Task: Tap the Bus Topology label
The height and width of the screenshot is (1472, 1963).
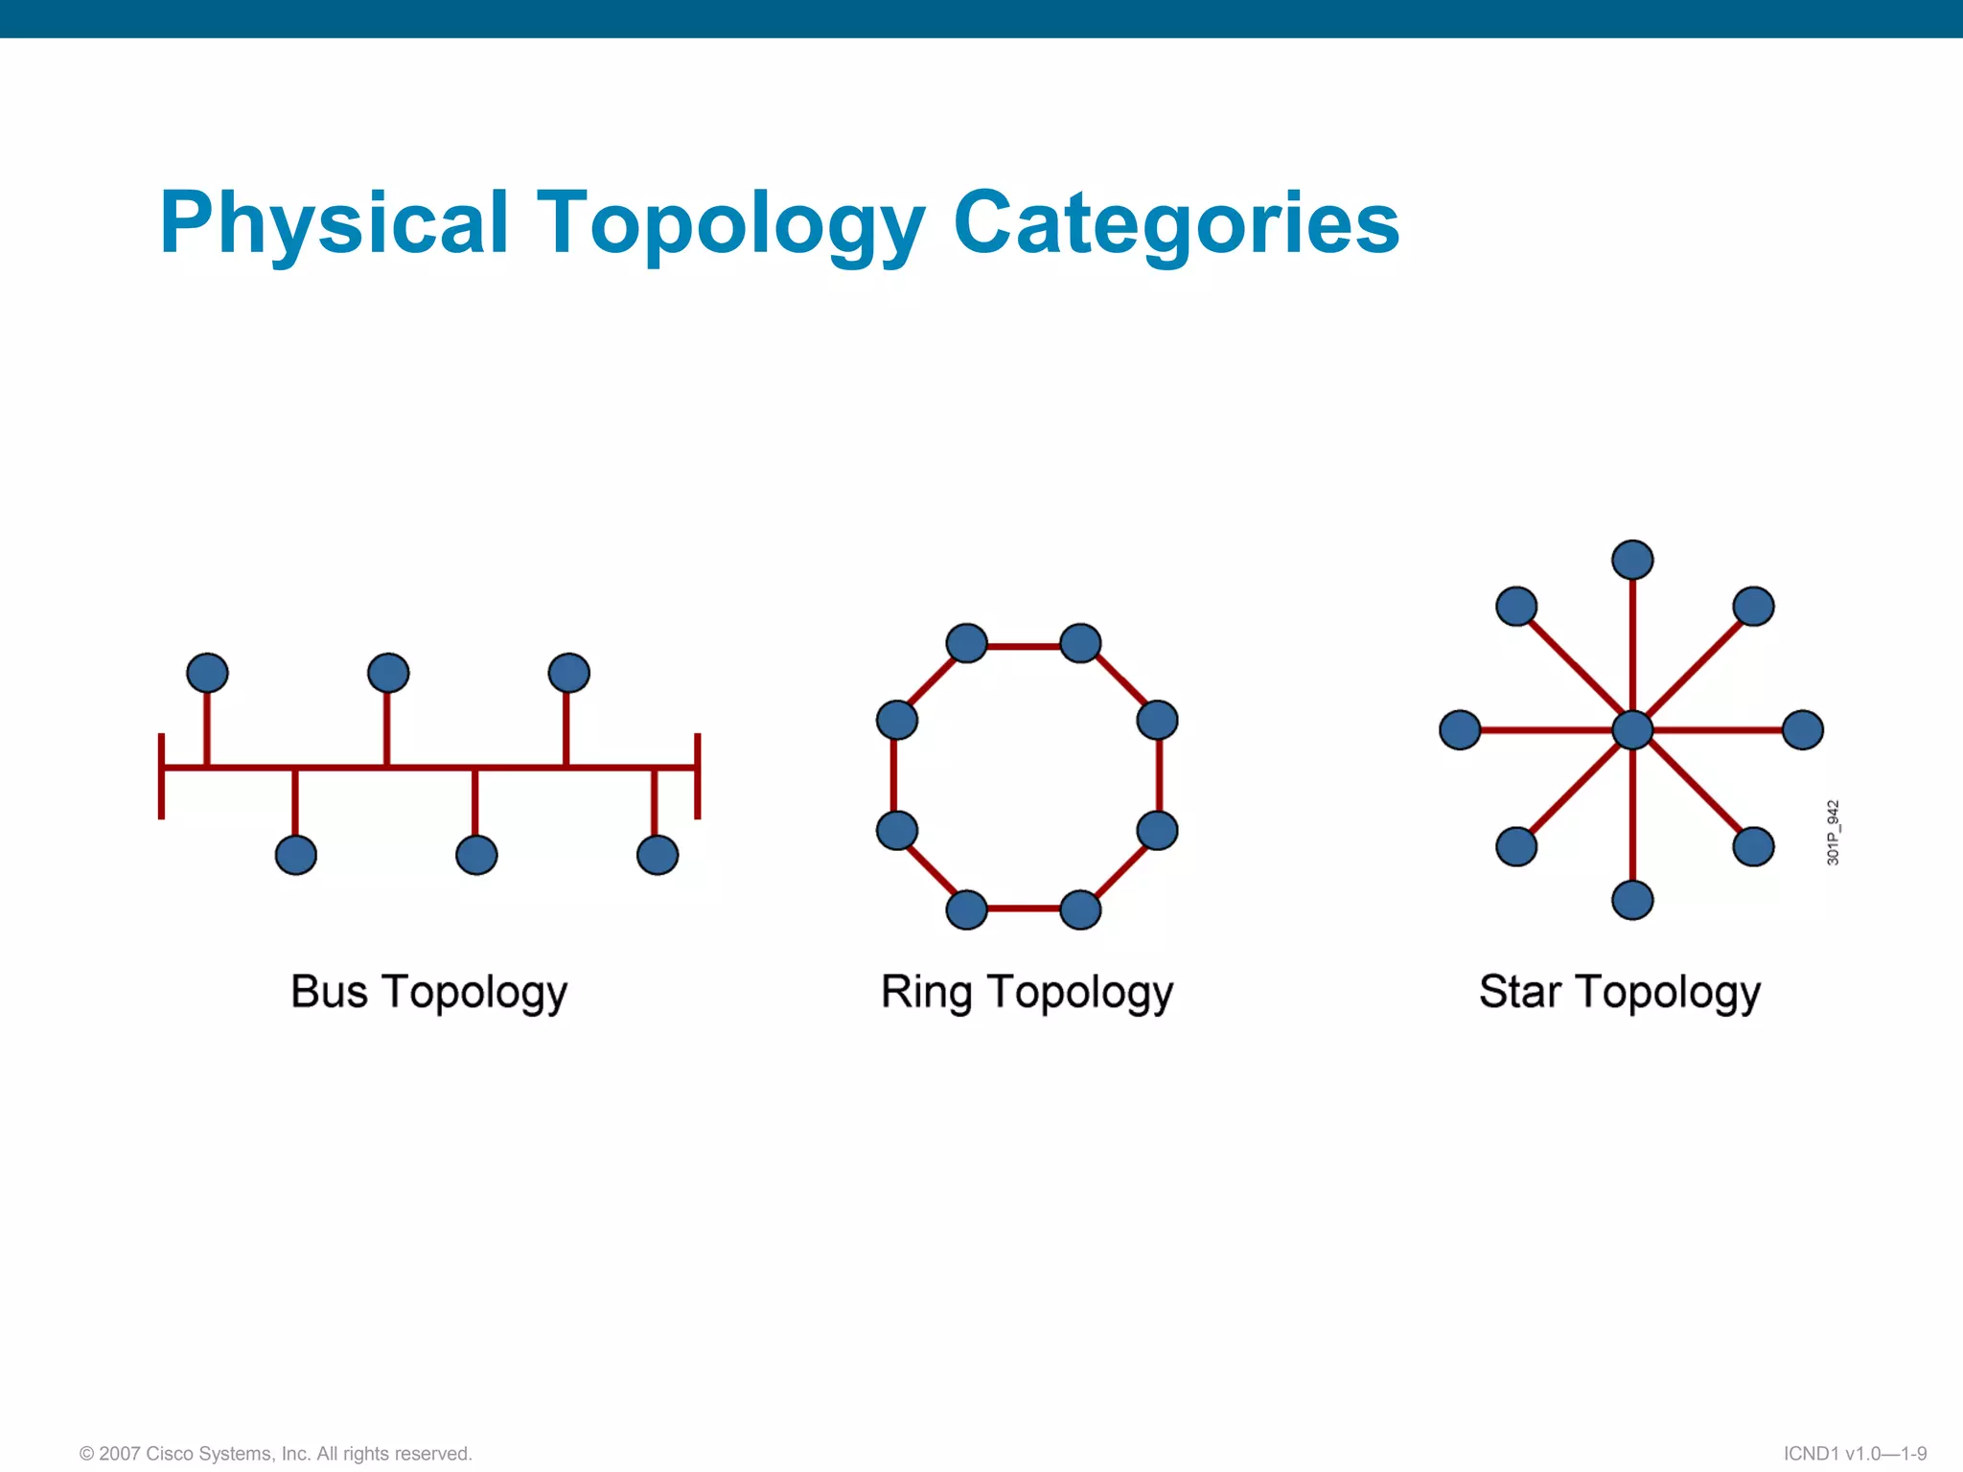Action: click(x=428, y=992)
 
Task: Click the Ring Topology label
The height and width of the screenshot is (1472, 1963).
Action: click(x=1027, y=992)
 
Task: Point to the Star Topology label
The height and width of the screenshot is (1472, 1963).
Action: click(x=1619, y=992)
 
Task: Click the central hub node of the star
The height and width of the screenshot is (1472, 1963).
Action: click(x=1632, y=730)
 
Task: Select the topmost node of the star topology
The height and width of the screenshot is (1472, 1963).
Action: click(x=1632, y=561)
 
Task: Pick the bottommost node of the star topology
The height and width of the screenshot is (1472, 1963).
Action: click(x=1632, y=900)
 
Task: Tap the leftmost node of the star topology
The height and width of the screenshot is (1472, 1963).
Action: click(x=1460, y=730)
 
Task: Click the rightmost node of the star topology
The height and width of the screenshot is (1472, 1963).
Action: click(x=1803, y=730)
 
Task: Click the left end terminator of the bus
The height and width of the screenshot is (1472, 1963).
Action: click(x=161, y=776)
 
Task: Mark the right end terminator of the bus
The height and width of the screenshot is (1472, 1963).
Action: click(x=698, y=776)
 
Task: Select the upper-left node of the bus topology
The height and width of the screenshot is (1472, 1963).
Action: click(x=207, y=673)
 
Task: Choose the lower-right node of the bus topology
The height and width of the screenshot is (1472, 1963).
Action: click(x=658, y=855)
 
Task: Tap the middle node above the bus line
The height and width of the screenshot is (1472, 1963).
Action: click(x=388, y=673)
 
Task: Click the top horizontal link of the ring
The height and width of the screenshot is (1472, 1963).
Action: click(x=1024, y=647)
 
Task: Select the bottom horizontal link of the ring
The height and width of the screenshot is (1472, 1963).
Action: click(x=1024, y=908)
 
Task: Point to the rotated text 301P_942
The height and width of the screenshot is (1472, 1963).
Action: click(x=1833, y=833)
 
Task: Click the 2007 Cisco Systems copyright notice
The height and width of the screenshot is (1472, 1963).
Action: click(x=276, y=1454)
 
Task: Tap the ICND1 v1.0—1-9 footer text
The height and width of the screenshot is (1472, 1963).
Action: click(x=1855, y=1454)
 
